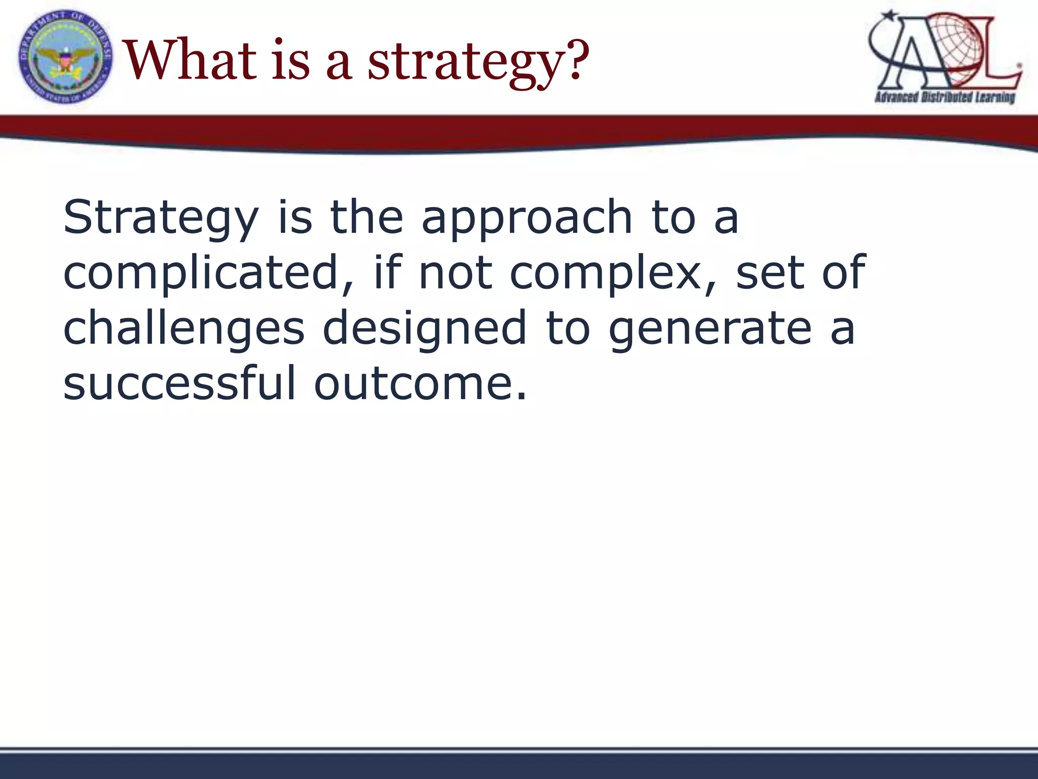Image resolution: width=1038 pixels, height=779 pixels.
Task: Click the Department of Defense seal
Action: coord(65,57)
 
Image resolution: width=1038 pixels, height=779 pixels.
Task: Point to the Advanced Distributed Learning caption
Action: coord(945,97)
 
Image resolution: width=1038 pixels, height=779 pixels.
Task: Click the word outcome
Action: coord(420,383)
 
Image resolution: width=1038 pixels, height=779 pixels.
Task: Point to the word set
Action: coord(769,273)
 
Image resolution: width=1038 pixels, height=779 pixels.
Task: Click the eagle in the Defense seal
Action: coord(65,57)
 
